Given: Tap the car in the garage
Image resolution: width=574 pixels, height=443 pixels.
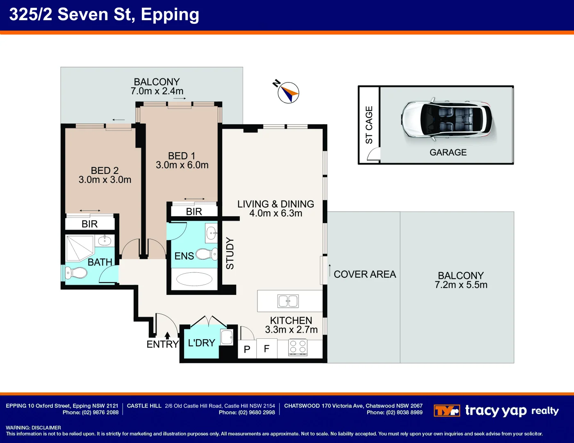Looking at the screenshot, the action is point(447,119).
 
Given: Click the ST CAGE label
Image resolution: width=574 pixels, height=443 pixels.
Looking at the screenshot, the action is point(369,125).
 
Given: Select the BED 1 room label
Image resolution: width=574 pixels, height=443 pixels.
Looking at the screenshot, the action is point(182,156).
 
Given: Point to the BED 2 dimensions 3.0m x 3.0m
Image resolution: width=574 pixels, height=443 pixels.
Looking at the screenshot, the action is point(105,180).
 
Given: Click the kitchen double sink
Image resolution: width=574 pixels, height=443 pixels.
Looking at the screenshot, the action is point(288,301).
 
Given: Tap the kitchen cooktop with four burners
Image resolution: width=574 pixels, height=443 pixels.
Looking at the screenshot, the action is point(298,347).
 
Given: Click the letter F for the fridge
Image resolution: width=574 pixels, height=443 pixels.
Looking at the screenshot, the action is point(266,349).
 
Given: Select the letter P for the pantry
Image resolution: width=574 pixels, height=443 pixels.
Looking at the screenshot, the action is point(247,349).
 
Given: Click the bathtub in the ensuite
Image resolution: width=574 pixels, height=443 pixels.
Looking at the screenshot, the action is point(194,279).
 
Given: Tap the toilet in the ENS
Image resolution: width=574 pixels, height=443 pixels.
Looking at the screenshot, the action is point(207,254).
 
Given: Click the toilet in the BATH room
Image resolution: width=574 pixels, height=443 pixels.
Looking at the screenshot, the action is point(76,273).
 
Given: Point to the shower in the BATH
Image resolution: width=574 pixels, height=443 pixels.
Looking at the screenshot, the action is point(80,248).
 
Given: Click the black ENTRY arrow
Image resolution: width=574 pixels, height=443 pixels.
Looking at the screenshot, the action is point(167,336).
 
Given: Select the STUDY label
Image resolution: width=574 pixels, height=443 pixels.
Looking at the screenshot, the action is point(230,253).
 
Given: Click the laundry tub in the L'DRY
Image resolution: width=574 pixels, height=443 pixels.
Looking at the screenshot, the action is point(227,337).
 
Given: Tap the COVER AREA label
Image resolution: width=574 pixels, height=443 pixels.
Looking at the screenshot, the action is point(365,274).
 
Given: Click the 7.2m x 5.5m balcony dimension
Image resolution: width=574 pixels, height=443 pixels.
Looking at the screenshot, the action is point(461,285).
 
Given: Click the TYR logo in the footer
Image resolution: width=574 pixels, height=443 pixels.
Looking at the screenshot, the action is point(446,411).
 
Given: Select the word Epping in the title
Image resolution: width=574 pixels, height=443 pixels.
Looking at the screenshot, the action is point(170,15).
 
